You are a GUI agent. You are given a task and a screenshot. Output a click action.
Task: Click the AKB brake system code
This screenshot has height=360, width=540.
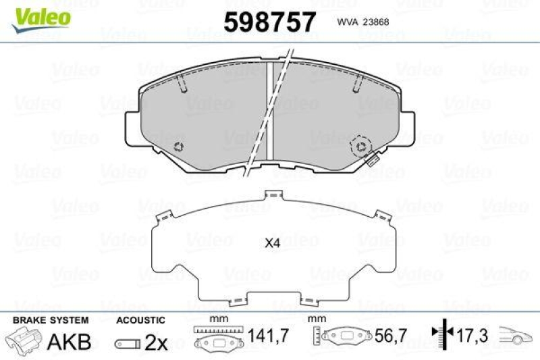coord(69,342)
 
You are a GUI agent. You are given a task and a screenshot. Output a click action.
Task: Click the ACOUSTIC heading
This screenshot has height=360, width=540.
coord(140,320)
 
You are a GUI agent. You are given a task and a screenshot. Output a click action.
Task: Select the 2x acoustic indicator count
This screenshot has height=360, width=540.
coord(156,342)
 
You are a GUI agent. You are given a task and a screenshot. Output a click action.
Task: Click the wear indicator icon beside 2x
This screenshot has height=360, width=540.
coord(128,343)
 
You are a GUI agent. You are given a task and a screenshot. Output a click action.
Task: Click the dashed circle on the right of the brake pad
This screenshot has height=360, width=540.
coord(360,145)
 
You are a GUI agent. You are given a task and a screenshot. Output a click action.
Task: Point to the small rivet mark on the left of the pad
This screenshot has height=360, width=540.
coord(180,147)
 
